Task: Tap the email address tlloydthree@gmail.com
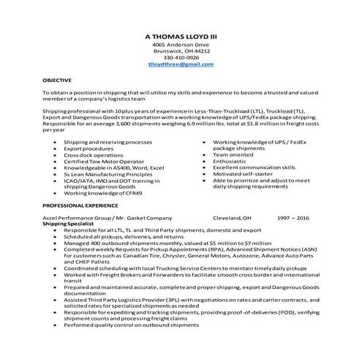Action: [x=181, y=64]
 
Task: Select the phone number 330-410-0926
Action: [x=181, y=57]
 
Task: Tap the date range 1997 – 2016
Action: [x=293, y=218]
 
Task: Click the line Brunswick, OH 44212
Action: [x=181, y=50]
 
